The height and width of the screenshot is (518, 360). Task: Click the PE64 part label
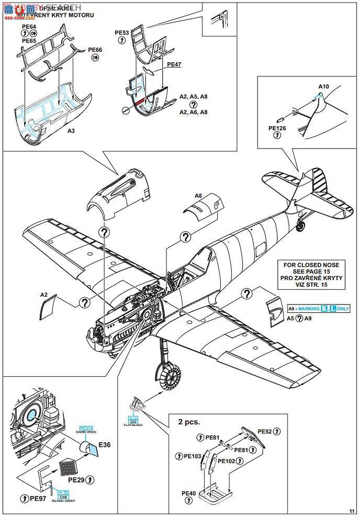pyautogui.click(x=29, y=26)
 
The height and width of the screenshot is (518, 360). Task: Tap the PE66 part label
pyautogui.click(x=95, y=50)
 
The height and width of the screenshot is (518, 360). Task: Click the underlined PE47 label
pyautogui.click(x=174, y=64)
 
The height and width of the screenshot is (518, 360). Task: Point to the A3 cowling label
pyautogui.click(x=71, y=132)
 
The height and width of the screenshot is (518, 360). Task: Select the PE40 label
pyautogui.click(x=188, y=493)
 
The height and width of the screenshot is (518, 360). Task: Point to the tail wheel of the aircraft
pyautogui.click(x=301, y=226)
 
